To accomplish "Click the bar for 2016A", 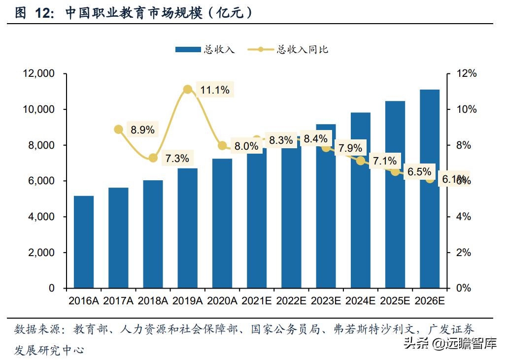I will (x=84, y=242).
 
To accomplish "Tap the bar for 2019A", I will (x=187, y=228).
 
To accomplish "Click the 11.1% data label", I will (x=215, y=90).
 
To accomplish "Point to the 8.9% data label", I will (x=142, y=130).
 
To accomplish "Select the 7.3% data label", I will (x=177, y=159).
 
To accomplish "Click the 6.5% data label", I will (x=419, y=172).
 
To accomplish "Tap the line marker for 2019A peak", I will (x=187, y=89).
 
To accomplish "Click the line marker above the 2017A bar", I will (x=118, y=130).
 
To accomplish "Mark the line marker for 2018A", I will (x=153, y=158).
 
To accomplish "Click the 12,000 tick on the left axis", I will (x=38, y=74).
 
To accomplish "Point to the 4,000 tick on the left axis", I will (x=40, y=217).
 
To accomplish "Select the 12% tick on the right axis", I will (x=465, y=74).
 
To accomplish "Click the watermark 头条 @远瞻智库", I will (x=450, y=343).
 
